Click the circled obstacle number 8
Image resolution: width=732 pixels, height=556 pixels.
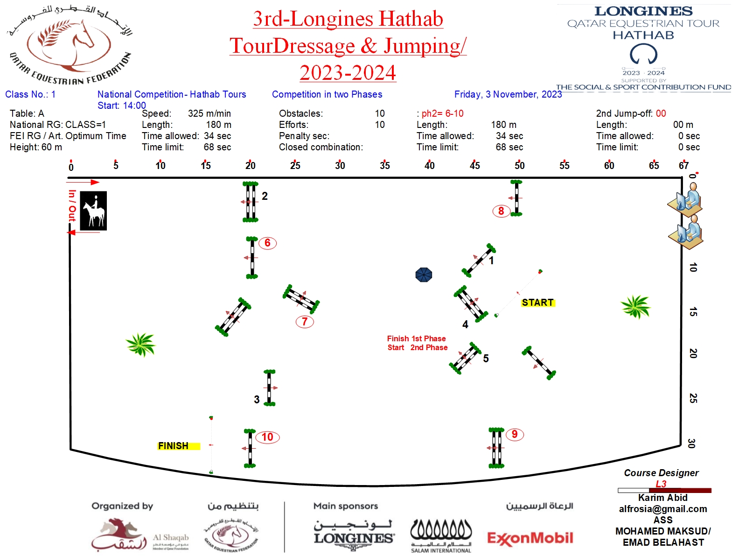[x=501, y=211]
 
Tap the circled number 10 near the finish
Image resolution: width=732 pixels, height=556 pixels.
[x=267, y=437]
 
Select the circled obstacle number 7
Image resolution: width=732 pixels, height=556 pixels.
[x=305, y=321]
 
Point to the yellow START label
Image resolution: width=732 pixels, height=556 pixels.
[x=537, y=303]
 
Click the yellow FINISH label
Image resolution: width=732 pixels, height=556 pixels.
[x=174, y=446]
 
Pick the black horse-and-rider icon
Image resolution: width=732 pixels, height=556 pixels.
[x=93, y=211]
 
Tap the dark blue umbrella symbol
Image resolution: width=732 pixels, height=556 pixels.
[x=424, y=274]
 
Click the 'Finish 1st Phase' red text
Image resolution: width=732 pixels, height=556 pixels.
[x=416, y=338]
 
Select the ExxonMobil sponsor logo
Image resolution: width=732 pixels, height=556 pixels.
[x=530, y=538]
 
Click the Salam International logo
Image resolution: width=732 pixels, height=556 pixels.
[x=441, y=536]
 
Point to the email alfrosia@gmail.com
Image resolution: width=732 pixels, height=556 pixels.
[x=662, y=509]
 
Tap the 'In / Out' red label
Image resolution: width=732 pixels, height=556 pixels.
[x=72, y=205]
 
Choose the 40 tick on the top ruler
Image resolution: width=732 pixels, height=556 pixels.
[x=430, y=165]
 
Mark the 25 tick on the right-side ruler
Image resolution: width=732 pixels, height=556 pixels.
[x=693, y=398]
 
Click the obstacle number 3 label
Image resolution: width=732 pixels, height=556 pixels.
[x=257, y=400]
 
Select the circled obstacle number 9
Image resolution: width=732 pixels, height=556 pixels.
[x=514, y=434]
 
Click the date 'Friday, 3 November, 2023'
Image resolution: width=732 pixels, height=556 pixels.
[x=508, y=94]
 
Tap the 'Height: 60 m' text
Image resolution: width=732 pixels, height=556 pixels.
[x=36, y=147]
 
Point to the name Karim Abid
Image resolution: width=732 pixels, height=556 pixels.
[x=662, y=498]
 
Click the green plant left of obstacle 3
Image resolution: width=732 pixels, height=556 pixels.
[x=140, y=345]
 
